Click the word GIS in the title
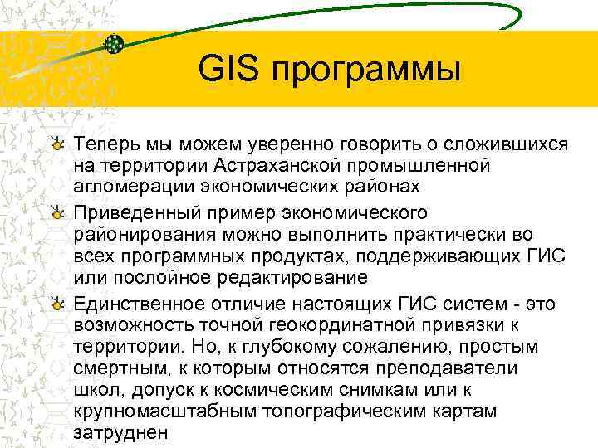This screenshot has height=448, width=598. click(x=229, y=70)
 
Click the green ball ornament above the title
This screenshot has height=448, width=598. click(x=115, y=44)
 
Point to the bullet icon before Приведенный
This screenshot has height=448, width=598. click(x=57, y=214)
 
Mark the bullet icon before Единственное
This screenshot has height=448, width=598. click(x=57, y=305)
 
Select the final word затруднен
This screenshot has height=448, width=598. click(x=120, y=431)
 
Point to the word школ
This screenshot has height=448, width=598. click(x=95, y=389)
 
